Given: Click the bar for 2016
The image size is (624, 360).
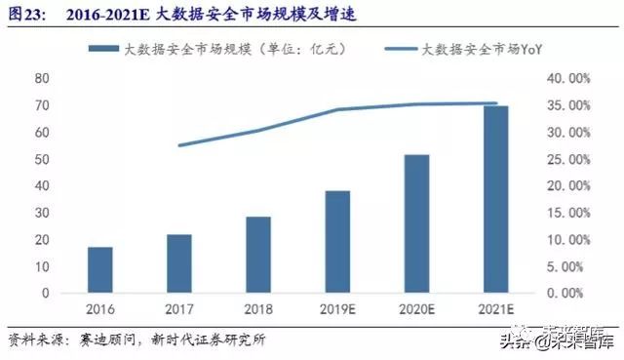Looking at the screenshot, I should click(99, 269).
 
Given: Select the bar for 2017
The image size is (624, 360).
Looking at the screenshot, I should click(178, 263).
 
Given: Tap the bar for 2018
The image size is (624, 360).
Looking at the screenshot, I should click(258, 255).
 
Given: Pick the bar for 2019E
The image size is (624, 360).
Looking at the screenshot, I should click(337, 241).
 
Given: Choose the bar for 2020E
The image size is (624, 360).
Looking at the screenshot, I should click(416, 223).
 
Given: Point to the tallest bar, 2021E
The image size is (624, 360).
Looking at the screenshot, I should click(496, 199).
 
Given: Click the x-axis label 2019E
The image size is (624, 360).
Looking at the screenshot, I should click(337, 309).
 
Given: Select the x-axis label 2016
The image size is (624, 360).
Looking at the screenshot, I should click(99, 309).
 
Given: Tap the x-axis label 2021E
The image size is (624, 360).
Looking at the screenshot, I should click(496, 309).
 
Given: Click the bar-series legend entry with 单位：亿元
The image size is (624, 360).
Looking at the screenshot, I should click(224, 48).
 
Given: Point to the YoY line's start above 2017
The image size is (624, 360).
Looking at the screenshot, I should click(179, 145).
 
